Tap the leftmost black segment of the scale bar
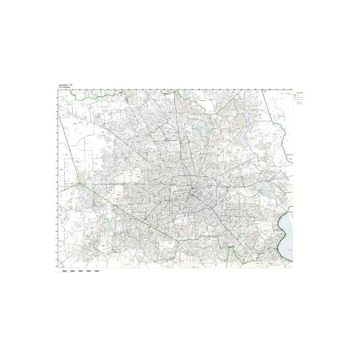tap(64, 271)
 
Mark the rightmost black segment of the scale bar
tap(97, 271)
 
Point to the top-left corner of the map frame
tap(58, 91)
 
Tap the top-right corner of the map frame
tap(293, 91)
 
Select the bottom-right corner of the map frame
tap(293, 268)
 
